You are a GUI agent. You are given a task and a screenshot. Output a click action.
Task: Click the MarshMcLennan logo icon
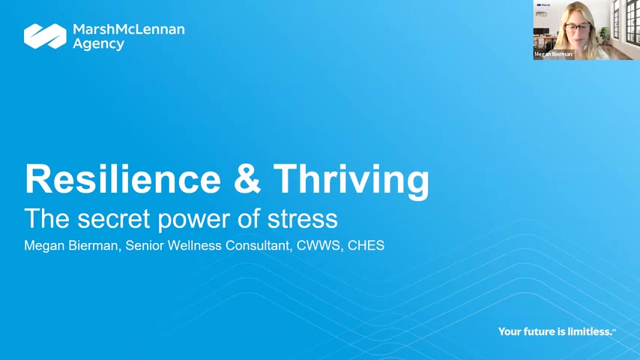pyautogui.click(x=45, y=36)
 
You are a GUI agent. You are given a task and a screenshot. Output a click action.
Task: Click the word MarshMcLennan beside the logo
pyautogui.click(x=129, y=29)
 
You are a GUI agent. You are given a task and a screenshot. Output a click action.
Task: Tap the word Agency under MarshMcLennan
pyautogui.click(x=98, y=44)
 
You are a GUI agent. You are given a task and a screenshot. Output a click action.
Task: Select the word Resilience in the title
pyautogui.click(x=123, y=179)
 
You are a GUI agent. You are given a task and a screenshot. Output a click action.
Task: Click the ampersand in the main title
pyautogui.click(x=247, y=179)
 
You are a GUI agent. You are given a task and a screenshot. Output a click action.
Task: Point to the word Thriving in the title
pyautogui.click(x=351, y=180)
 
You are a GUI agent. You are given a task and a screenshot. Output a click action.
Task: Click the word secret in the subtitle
pyautogui.click(x=114, y=219)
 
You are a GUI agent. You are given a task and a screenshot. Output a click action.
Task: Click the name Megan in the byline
pyautogui.click(x=43, y=246)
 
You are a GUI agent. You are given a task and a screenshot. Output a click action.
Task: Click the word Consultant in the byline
pyautogui.click(x=259, y=245)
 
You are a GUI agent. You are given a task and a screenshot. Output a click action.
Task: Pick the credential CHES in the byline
pyautogui.click(x=366, y=245)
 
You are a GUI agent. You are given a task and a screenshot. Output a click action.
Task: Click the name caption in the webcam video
pyautogui.click(x=554, y=54)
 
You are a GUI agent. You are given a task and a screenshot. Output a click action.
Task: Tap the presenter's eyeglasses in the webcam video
pyautogui.click(x=578, y=28)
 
